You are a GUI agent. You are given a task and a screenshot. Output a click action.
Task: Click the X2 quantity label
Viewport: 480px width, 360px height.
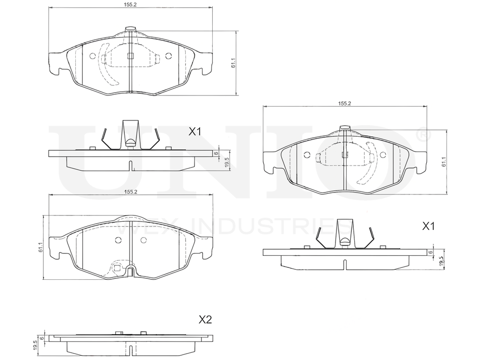click(205, 320)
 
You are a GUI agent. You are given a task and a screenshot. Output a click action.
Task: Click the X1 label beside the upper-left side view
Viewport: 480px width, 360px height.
click(195, 132)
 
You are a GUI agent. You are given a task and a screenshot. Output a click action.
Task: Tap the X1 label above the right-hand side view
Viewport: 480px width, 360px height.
click(429, 226)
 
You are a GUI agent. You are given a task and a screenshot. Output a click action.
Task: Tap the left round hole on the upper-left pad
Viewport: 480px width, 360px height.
click(93, 56)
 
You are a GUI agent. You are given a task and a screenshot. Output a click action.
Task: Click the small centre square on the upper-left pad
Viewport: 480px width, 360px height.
click(130, 55)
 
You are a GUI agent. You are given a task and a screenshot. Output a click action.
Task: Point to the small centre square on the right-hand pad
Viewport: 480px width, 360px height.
click(344, 155)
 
